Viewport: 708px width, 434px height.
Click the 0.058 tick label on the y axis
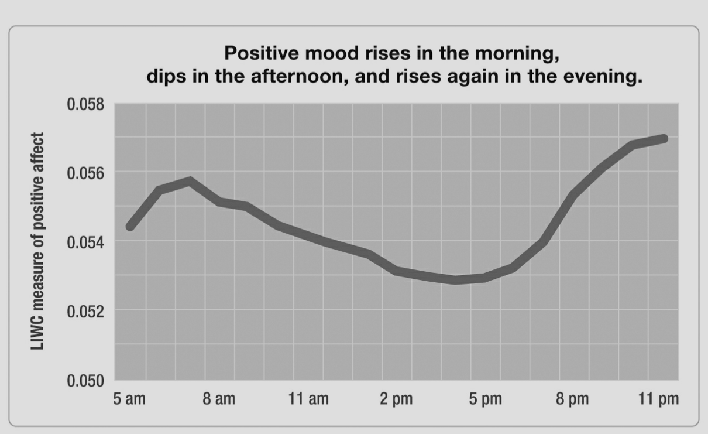click(85, 105)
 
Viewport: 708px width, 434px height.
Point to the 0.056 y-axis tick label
click(85, 173)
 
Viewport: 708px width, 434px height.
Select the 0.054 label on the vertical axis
click(85, 242)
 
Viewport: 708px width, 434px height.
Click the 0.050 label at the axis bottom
click(85, 381)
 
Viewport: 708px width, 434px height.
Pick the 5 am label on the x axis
click(129, 399)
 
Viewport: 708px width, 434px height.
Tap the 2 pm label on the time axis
click(396, 399)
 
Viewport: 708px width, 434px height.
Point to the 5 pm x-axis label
click(485, 399)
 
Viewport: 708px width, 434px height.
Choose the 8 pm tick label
click(573, 399)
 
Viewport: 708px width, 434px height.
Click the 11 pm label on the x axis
click(659, 399)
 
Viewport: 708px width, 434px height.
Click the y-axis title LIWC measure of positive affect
click(38, 241)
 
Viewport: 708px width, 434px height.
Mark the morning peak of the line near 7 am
click(190, 180)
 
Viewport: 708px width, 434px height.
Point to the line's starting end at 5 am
click(130, 226)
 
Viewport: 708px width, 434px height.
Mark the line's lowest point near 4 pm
click(455, 280)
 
